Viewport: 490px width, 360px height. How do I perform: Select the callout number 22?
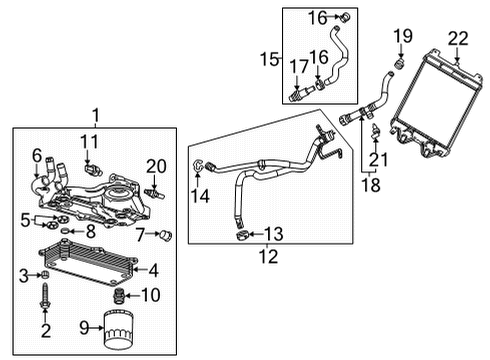click(457, 38)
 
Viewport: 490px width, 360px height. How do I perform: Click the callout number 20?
click(155, 166)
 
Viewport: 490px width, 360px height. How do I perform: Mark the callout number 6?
click(36, 156)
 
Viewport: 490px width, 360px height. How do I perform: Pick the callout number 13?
click(272, 234)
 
